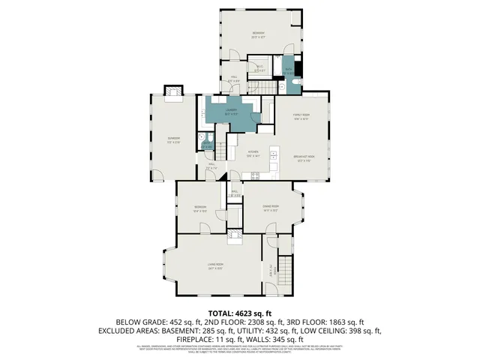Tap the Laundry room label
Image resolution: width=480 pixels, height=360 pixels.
click(x=232, y=112)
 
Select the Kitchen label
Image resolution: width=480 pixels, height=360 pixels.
click(x=253, y=154)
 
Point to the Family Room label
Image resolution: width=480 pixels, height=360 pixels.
click(x=301, y=116)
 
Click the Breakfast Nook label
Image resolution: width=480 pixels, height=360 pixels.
click(x=305, y=158)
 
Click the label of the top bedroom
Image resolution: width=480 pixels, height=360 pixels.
click(x=258, y=34)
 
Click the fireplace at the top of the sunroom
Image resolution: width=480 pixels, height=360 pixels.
click(x=173, y=91)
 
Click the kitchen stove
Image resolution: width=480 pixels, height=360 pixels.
click(x=255, y=176)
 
